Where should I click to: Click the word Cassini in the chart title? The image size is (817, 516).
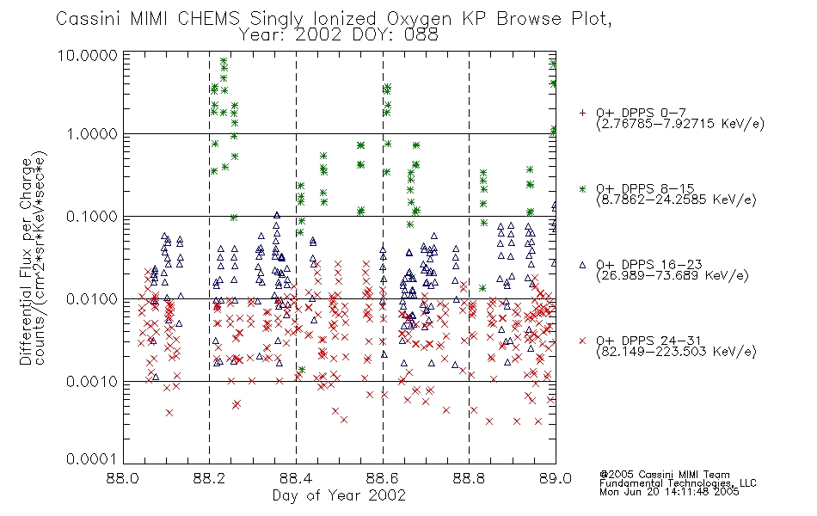88,19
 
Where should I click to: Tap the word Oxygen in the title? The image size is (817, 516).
420,20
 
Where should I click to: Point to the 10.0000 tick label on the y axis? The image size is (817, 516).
88,56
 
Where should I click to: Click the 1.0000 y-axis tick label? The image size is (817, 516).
92,134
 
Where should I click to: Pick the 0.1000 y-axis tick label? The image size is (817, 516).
92,217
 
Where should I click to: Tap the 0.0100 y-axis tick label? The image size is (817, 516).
92,299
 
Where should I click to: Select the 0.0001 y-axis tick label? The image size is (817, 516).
92,459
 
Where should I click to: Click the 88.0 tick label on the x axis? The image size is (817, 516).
123,478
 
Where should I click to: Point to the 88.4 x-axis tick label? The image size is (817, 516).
296,478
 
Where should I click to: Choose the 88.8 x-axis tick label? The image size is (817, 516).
469,478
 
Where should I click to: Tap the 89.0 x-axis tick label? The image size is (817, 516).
556,478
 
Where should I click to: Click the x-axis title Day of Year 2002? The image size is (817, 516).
339,495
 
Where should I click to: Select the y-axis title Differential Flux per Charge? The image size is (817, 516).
26,261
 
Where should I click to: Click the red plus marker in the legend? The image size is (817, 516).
582,113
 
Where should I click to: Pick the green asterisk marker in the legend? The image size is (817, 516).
582,189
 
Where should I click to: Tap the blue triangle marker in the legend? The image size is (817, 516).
582,265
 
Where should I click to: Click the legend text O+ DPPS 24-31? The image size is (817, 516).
649,341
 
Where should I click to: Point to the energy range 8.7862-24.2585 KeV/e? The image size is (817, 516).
676,200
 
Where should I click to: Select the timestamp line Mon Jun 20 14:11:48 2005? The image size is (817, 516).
669,492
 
